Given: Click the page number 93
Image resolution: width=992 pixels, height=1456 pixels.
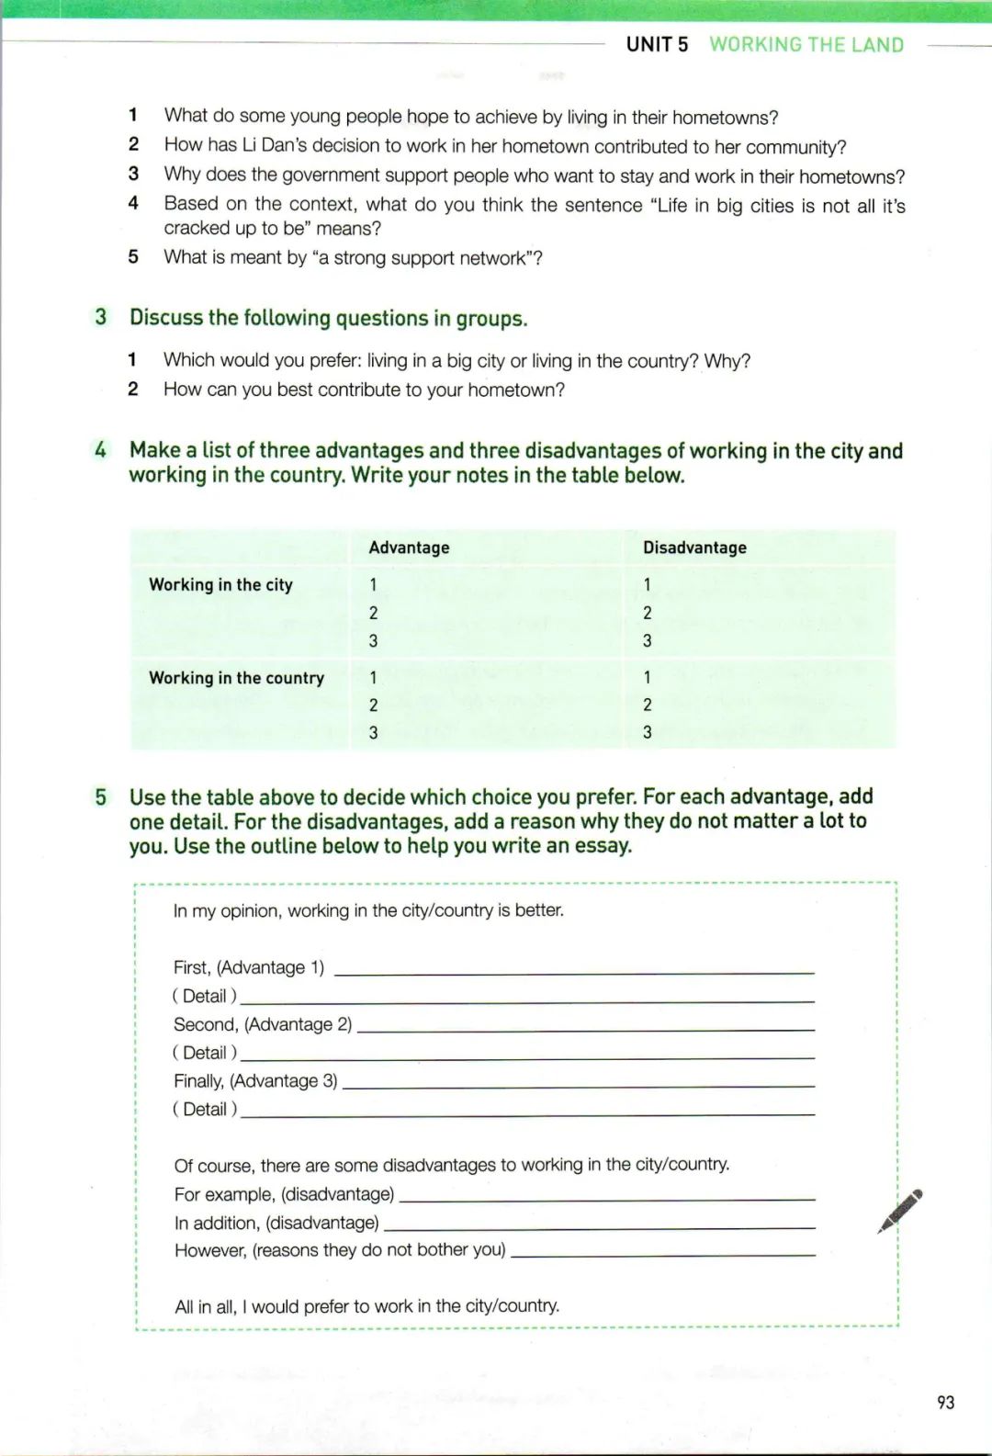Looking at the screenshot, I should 945,1402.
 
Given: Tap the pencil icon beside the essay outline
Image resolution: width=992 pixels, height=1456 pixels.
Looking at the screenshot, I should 899,1211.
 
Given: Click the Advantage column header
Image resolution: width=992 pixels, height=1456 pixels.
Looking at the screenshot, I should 409,547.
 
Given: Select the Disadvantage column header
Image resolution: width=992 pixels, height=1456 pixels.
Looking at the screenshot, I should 694,547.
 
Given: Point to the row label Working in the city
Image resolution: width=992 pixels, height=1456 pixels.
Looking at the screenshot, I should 220,584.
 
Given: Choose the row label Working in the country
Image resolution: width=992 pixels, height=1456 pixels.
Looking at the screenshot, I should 236,678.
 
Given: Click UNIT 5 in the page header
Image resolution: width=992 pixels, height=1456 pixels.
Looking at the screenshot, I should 657,45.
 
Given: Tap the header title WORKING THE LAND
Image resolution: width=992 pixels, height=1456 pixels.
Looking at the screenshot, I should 806,45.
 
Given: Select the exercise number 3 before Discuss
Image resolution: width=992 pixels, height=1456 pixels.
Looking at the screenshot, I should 101,317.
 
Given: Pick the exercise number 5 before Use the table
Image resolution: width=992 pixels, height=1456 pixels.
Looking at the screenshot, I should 101,796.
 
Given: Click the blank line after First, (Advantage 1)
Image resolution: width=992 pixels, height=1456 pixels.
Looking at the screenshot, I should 574,971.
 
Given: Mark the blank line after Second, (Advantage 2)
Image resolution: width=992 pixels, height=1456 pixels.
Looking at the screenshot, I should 585,1029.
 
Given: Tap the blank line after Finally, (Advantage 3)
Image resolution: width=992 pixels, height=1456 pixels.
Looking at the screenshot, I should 578,1086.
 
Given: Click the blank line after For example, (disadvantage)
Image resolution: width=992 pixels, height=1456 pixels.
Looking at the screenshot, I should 607,1199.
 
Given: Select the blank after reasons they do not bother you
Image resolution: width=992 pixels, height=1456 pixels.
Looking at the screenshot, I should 662,1255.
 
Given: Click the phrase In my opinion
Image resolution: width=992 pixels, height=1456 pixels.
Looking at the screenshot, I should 225,910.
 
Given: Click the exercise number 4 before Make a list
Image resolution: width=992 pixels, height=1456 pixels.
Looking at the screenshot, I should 100,450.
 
